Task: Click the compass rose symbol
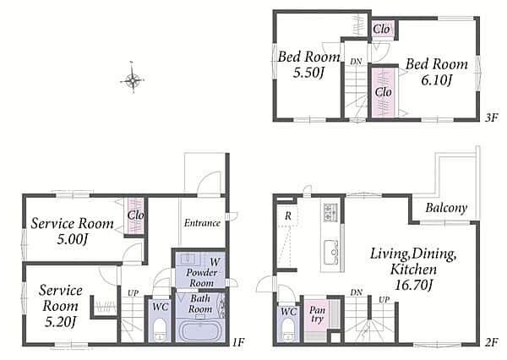pyautogui.click(x=133, y=79)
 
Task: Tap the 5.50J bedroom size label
pyautogui.click(x=308, y=74)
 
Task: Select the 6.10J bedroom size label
pyautogui.click(x=436, y=80)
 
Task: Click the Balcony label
pyautogui.click(x=446, y=208)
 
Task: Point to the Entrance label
pyautogui.click(x=203, y=223)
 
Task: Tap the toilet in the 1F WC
pyautogui.click(x=160, y=330)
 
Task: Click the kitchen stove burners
pyautogui.click(x=330, y=212)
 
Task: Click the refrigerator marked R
pyautogui.click(x=287, y=215)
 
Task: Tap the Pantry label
pyautogui.click(x=317, y=315)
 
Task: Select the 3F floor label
pyautogui.click(x=491, y=117)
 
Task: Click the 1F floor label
pyautogui.click(x=238, y=342)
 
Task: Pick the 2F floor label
pyautogui.click(x=491, y=342)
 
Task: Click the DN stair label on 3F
pyautogui.click(x=356, y=62)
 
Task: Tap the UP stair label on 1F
pyautogui.click(x=133, y=293)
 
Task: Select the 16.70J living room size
pyautogui.click(x=413, y=286)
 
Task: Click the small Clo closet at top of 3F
pyautogui.click(x=382, y=30)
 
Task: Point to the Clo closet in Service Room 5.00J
pyautogui.click(x=135, y=215)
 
